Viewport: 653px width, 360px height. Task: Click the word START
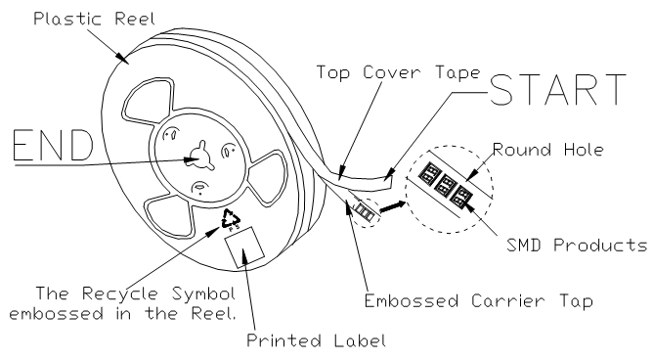(557, 89)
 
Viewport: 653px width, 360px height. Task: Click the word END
(53, 145)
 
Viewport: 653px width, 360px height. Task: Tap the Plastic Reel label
(94, 19)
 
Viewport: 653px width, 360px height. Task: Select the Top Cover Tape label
(399, 72)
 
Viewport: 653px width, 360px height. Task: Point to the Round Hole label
(548, 150)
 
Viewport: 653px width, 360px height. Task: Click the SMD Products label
(577, 245)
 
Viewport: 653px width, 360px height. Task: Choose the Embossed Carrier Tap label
(478, 301)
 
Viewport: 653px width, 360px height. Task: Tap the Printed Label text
(317, 340)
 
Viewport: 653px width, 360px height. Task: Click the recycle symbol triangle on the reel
(231, 217)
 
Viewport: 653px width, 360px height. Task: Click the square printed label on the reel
(244, 247)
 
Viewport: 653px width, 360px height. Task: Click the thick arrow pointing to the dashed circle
(392, 206)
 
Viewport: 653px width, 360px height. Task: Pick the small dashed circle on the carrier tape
(366, 212)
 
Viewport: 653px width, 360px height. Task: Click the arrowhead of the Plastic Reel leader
(123, 59)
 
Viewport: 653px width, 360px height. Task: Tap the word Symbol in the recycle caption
(204, 293)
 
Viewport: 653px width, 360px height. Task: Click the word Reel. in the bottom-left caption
(213, 313)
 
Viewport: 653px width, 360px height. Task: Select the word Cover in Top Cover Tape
(392, 72)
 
